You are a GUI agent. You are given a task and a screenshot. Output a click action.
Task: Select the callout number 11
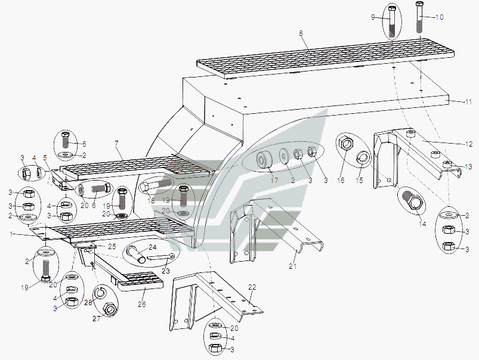[x=469, y=102]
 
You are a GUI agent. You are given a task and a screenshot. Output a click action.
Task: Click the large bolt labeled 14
[x=413, y=201]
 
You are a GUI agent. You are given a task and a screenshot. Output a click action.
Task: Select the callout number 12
[x=469, y=144]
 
